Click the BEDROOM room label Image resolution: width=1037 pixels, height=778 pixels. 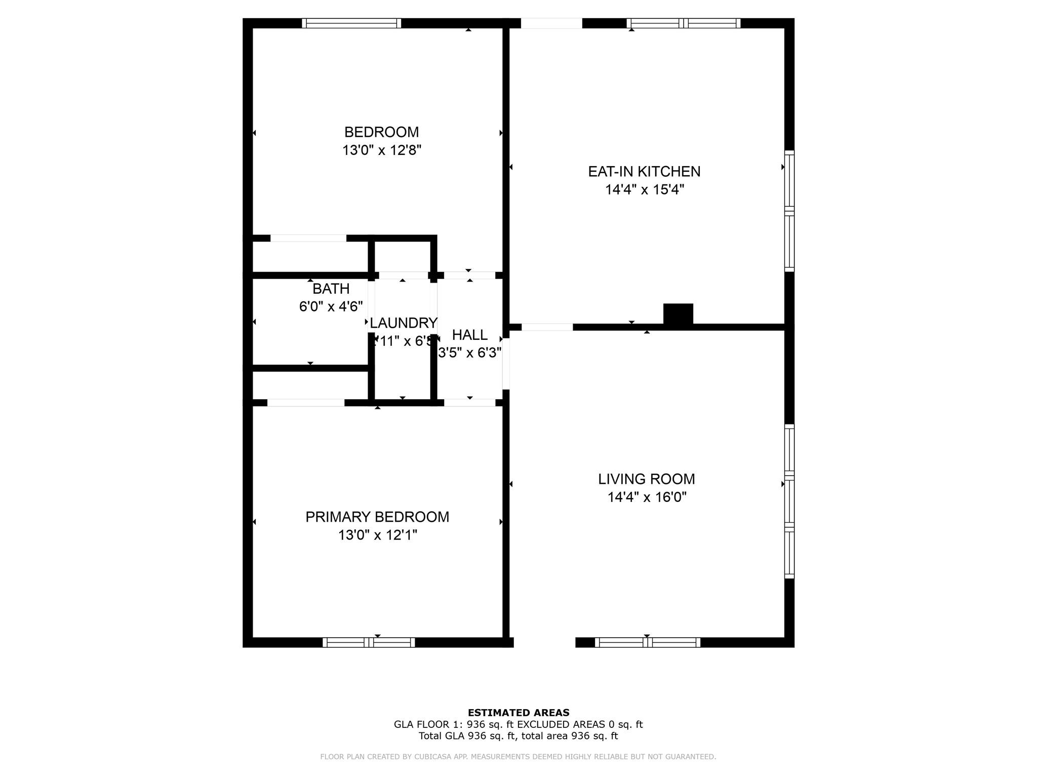point(381,132)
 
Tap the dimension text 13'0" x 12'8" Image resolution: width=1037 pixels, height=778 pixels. point(381,150)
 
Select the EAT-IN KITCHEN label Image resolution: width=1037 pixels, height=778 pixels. point(644,172)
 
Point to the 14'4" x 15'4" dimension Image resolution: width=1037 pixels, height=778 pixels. point(644,190)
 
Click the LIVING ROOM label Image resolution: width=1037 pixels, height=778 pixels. point(646,479)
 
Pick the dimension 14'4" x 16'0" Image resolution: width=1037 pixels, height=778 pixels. point(647,497)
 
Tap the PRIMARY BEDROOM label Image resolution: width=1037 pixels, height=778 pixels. point(377,517)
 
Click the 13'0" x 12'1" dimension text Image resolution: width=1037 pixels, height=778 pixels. point(377,535)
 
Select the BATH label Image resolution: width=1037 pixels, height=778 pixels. point(331,289)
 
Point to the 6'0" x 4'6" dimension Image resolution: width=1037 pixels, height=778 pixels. point(331,307)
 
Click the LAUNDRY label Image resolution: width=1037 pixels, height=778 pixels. point(403,323)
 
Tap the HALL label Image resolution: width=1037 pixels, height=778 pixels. point(469,335)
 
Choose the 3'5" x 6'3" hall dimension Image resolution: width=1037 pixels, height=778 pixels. point(469,353)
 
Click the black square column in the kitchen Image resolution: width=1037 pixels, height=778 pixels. point(678,314)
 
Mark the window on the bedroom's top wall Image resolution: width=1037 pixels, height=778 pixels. point(351,23)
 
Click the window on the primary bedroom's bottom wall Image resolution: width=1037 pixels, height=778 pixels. point(369,642)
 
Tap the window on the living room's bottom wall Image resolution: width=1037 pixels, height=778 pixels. point(647,642)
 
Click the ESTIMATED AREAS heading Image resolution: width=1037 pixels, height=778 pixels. point(518,713)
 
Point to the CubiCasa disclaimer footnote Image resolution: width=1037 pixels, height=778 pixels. point(518,757)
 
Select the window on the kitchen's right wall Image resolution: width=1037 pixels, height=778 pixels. point(789,211)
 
